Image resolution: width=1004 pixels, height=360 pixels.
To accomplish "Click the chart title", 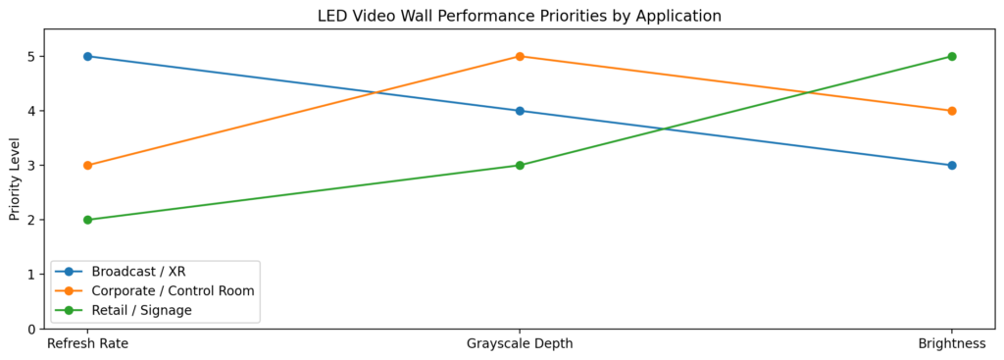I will [519, 16].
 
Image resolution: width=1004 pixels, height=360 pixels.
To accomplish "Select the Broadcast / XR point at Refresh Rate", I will [87, 56].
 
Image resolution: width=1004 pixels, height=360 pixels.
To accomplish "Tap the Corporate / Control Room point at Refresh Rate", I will [87, 165].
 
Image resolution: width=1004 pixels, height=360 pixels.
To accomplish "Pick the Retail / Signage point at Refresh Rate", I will [87, 220].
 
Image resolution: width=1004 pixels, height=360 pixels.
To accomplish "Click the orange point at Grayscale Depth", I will [520, 56].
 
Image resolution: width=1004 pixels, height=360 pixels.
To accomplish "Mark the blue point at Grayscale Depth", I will [520, 111].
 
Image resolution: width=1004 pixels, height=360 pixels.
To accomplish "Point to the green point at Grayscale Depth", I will [520, 165].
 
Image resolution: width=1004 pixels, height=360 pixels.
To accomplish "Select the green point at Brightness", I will [952, 56].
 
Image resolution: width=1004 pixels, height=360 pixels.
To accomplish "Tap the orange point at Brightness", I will [952, 111].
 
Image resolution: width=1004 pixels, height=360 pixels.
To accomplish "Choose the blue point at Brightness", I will [952, 165].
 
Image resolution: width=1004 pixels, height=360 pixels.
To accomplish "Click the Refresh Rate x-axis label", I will [87, 344].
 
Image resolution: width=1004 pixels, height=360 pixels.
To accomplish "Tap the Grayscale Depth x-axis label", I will [520, 344].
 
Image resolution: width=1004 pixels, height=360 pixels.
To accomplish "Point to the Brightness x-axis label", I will [952, 344].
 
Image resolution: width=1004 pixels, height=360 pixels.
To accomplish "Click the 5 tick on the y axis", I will [32, 56].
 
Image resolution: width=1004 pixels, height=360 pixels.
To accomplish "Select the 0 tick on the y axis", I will [32, 329].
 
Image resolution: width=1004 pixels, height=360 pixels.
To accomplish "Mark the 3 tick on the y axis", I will [32, 165].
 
